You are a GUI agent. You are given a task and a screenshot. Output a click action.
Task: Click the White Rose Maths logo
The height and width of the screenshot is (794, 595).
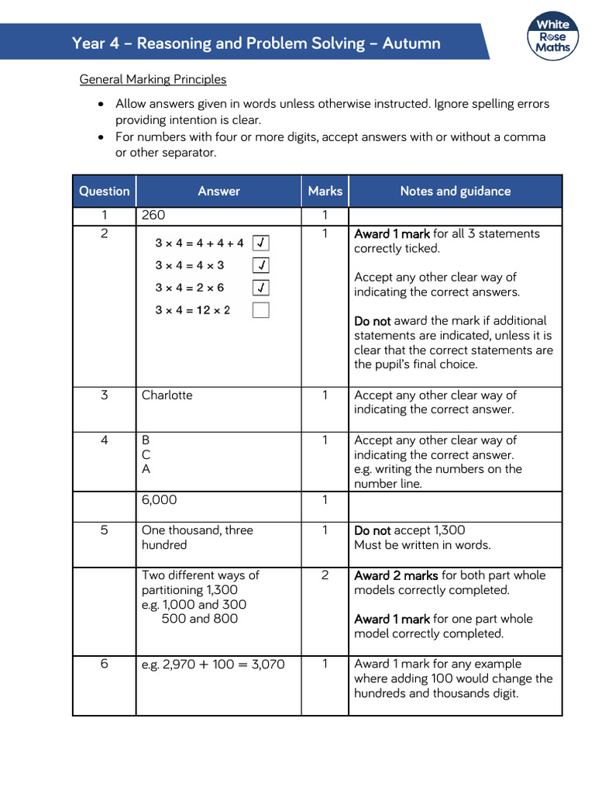tap(553, 36)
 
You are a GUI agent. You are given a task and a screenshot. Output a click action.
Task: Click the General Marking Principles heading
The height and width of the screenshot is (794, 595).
tap(153, 79)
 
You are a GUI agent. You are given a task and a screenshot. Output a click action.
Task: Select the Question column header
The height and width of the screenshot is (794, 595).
tap(105, 191)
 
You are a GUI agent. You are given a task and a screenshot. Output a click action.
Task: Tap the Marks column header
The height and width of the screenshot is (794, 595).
tap(325, 191)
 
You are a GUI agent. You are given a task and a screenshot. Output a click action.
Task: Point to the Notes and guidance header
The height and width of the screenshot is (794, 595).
tap(455, 191)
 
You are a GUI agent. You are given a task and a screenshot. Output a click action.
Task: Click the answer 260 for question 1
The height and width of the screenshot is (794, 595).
tap(153, 215)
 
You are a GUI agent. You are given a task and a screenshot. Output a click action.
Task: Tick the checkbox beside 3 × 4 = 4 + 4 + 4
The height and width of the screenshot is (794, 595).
tap(261, 243)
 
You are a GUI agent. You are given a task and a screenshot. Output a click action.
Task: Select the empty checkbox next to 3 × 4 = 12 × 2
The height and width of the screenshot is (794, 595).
tap(261, 310)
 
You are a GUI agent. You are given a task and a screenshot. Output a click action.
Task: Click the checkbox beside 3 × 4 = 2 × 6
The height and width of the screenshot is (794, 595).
tap(261, 288)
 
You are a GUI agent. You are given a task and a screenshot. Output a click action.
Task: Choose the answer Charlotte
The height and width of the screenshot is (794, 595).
tap(167, 395)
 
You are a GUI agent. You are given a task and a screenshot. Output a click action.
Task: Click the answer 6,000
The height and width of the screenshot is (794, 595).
tap(159, 500)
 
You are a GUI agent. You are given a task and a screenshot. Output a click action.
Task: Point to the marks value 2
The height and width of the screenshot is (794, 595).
tap(325, 575)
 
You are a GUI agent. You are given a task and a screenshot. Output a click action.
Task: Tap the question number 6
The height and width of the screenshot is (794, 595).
tap(105, 664)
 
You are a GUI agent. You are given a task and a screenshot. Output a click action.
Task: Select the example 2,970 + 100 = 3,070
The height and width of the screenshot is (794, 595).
tap(213, 665)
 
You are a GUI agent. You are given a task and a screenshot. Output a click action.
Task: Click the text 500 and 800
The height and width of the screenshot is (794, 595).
tap(200, 619)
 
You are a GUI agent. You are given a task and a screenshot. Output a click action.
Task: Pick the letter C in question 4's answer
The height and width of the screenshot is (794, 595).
tap(146, 454)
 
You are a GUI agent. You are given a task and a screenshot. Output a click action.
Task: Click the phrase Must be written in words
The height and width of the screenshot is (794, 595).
tap(422, 545)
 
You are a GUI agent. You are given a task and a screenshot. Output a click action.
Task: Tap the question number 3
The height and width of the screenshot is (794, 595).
tap(105, 395)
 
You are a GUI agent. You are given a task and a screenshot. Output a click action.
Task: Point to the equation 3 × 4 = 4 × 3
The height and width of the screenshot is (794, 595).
tap(190, 265)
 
